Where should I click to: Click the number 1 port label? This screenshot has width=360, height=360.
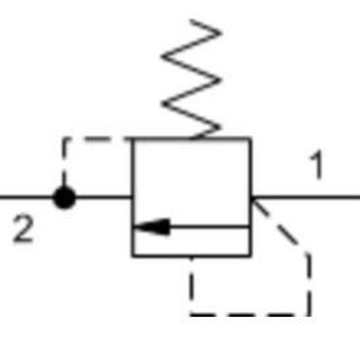coord(315,166)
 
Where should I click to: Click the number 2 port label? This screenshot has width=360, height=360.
coord(23,229)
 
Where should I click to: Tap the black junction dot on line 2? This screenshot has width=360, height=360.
coord(63,197)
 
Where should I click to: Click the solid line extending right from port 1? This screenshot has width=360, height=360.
coord(306,196)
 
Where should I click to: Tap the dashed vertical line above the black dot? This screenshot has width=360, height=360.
coord(63,162)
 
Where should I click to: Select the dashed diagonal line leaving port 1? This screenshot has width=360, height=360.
coord(281,225)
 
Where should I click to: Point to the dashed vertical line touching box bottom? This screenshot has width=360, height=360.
coord(192,283)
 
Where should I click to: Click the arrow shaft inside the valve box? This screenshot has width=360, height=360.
coord(207,227)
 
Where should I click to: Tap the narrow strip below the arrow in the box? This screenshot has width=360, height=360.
coord(191,242)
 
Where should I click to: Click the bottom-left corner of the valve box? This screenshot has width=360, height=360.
coord(133,256)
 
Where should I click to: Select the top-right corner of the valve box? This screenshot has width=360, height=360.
coord(250,139)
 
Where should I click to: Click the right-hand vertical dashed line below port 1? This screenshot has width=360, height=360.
coord(310,283)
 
